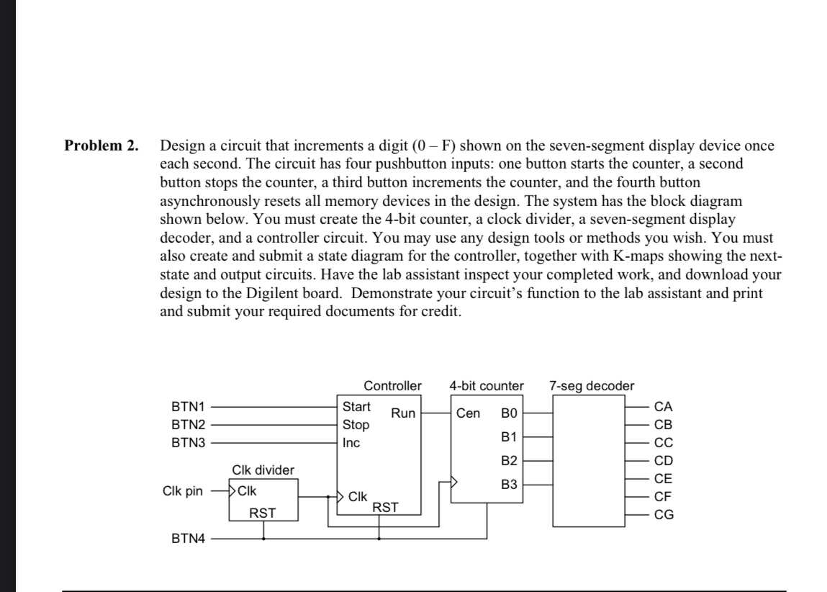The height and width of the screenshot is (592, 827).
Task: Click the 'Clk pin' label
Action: pyautogui.click(x=183, y=493)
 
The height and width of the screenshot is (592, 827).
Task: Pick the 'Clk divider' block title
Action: pyautogui.click(x=263, y=470)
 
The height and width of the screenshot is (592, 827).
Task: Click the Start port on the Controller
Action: pyautogui.click(x=357, y=408)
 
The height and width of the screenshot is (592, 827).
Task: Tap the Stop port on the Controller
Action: pyautogui.click(x=356, y=425)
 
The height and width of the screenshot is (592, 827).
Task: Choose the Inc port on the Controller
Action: pyautogui.click(x=351, y=443)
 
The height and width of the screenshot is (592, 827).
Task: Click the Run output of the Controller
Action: pyautogui.click(x=403, y=413)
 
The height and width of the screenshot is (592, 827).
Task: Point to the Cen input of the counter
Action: pyautogui.click(x=468, y=413)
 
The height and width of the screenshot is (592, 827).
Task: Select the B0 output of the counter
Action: pyautogui.click(x=509, y=413)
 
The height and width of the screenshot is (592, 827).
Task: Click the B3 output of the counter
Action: pyautogui.click(x=509, y=485)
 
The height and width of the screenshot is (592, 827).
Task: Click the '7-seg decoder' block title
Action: pyautogui.click(x=592, y=386)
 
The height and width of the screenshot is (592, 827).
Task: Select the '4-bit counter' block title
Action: pyautogui.click(x=487, y=386)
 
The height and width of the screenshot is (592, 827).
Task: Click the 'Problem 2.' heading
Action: pyautogui.click(x=101, y=145)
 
